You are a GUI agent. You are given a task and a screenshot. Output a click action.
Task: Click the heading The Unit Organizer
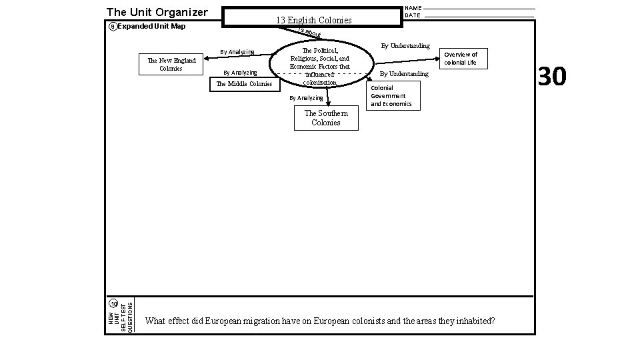[x=157, y=12]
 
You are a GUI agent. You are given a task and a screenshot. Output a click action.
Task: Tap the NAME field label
[x=413, y=8]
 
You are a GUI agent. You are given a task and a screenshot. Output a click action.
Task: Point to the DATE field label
[x=413, y=15]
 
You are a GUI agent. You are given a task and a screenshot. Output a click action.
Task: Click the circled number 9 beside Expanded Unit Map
[x=112, y=27]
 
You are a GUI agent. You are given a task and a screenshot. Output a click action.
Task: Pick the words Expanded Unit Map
[x=151, y=27]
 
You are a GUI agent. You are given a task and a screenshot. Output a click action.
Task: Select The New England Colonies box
[x=171, y=65]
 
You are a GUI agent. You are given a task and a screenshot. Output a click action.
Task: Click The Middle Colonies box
[x=245, y=84]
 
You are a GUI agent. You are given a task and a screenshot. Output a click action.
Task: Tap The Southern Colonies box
[x=326, y=118]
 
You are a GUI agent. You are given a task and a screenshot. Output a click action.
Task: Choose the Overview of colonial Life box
[x=461, y=59]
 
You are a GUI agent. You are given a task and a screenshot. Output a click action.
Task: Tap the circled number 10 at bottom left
[x=114, y=304]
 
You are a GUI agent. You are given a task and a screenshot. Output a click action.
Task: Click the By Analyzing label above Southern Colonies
[x=305, y=98]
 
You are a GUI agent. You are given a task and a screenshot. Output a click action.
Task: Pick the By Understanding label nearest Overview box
[x=405, y=46]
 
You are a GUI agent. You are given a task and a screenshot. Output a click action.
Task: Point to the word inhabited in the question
[x=475, y=321]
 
